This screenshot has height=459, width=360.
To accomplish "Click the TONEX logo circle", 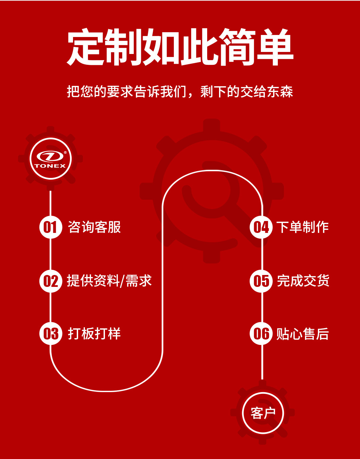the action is pos(51,159).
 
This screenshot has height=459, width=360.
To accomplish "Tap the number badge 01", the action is pos(51,227).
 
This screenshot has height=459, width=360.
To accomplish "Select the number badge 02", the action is pos(51,281).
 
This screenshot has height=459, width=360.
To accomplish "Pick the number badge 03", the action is pos(51,333).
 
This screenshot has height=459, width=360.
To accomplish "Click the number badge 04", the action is pos(261,227).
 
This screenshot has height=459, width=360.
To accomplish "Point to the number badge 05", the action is pos(261,281).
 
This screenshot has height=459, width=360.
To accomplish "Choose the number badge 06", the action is pos(261,333).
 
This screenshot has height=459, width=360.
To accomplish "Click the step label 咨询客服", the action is pos(94,227).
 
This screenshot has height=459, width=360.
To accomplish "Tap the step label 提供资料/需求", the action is pos(109,281).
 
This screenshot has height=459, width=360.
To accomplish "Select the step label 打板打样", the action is pos(94,333).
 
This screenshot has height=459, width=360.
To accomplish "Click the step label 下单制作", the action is pos(302,227).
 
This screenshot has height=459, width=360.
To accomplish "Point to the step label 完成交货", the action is pos(303,281).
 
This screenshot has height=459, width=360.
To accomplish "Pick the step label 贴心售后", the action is pos(302,334).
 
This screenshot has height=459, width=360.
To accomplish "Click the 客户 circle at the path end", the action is pos(263,413).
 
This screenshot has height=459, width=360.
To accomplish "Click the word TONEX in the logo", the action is pos(50,166).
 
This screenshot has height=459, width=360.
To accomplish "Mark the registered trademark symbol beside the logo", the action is pos(65,152).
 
